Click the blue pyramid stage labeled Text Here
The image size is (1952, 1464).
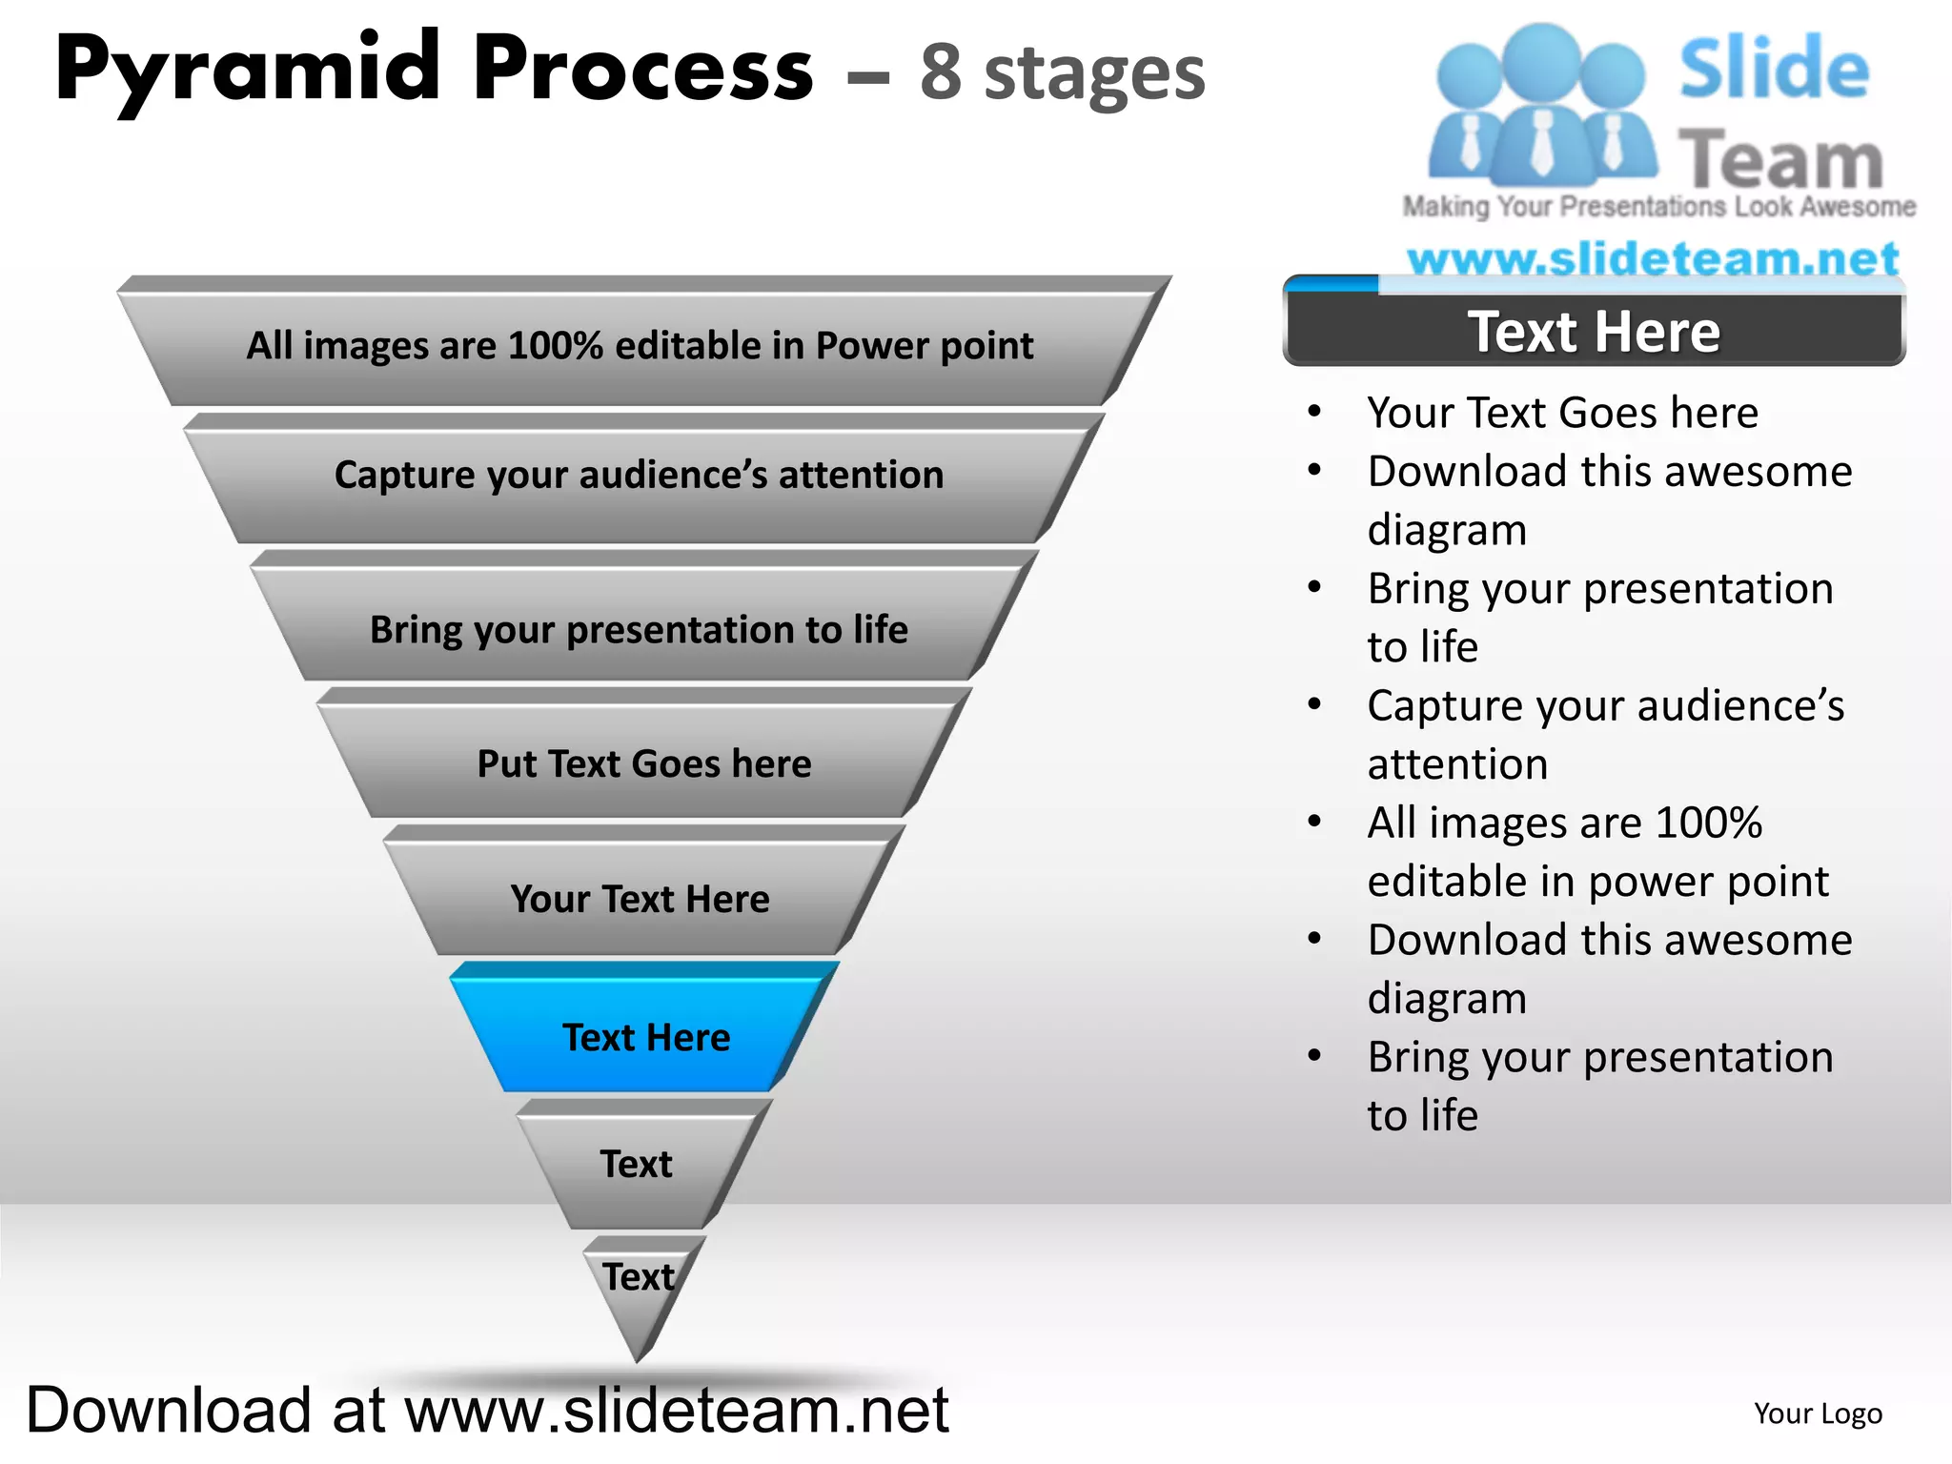click(645, 1037)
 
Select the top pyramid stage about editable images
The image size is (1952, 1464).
click(640, 346)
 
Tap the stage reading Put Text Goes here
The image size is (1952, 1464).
click(644, 763)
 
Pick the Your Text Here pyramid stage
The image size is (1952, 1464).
click(640, 899)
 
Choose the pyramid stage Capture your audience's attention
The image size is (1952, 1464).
click(640, 476)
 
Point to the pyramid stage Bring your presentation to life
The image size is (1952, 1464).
click(640, 629)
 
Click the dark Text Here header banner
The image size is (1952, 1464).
click(1594, 332)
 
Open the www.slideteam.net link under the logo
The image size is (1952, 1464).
click(1653, 259)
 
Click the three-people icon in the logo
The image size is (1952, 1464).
click(1541, 105)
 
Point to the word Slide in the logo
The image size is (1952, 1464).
click(1774, 69)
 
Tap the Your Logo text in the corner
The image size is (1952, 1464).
click(1818, 1413)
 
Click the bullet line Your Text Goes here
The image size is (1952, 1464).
click(1562, 413)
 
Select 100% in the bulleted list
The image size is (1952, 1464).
click(1709, 823)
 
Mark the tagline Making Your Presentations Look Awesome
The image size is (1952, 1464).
click(1658, 207)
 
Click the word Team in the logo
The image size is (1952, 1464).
click(1780, 160)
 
